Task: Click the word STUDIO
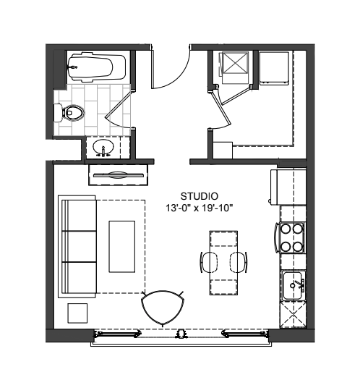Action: point(199,196)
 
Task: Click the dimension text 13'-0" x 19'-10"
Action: point(199,208)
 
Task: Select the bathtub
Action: point(96,67)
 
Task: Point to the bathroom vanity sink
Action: point(103,147)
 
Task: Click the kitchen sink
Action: point(293,286)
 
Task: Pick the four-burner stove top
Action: point(290,237)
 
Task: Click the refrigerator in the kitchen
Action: point(288,187)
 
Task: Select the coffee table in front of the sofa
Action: point(121,247)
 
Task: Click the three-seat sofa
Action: point(77,247)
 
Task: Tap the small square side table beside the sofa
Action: point(77,313)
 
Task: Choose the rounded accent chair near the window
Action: point(163,308)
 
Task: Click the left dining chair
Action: point(208,262)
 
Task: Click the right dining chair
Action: point(239,262)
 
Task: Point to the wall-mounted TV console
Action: point(118,175)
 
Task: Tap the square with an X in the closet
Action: point(235,62)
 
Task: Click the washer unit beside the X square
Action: point(274,68)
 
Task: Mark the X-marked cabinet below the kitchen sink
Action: point(293,315)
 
